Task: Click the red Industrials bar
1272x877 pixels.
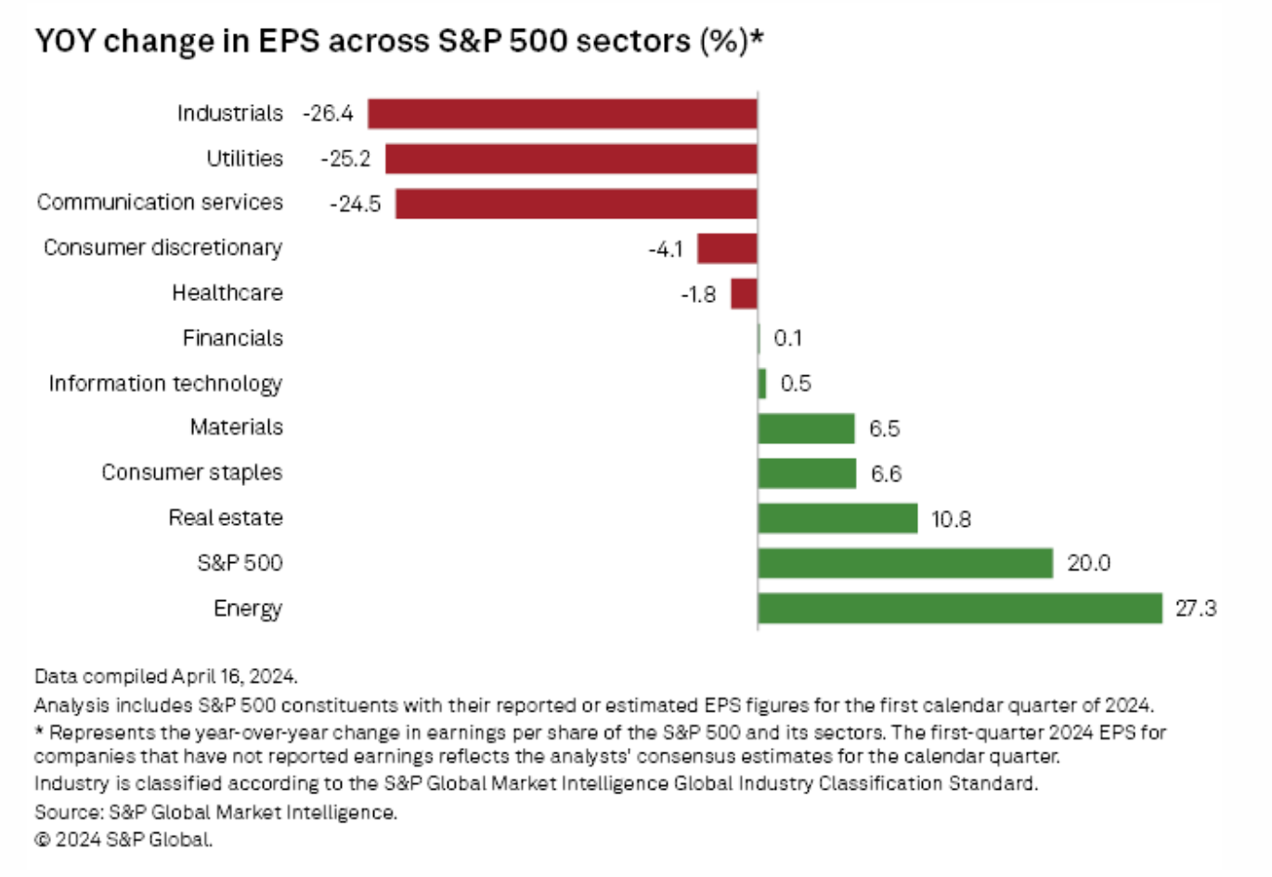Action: [562, 113]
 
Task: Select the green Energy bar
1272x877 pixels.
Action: [959, 609]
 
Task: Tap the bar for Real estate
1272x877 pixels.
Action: [837, 518]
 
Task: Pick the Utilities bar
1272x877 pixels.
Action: [571, 159]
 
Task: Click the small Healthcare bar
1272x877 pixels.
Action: [744, 295]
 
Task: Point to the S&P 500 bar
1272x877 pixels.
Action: [905, 563]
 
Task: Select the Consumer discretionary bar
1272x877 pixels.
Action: [727, 249]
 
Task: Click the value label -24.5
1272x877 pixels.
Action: [356, 204]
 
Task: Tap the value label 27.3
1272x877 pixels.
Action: [1196, 609]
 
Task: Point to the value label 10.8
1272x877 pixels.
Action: [951, 519]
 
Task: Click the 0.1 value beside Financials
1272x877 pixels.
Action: [787, 338]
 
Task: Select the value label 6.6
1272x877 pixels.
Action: [886, 474]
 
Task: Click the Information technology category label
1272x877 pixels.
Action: [165, 384]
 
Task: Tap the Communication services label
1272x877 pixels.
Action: [160, 203]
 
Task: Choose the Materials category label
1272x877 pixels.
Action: [236, 427]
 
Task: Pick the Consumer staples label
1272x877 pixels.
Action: [191, 473]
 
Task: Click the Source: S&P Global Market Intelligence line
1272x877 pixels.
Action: [215, 812]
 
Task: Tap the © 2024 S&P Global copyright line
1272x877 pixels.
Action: [123, 840]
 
